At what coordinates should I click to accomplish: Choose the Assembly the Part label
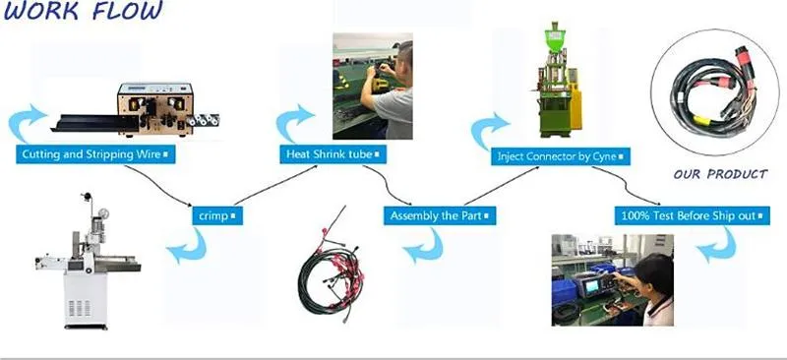click(438, 214)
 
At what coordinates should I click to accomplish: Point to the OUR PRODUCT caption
click(720, 174)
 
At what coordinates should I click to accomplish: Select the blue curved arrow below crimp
click(187, 250)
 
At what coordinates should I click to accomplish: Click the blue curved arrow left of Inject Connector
click(489, 130)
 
